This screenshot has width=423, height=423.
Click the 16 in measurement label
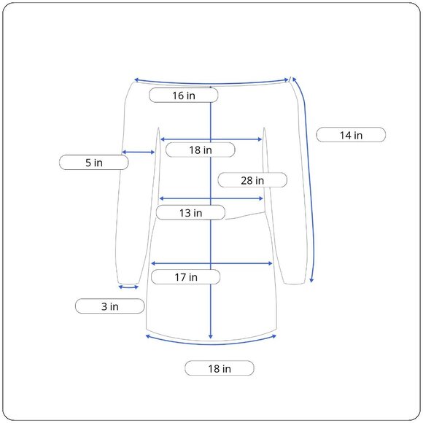click(x=184, y=96)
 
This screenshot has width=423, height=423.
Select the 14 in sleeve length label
click(x=351, y=135)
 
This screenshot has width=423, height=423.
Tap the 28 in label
click(x=252, y=180)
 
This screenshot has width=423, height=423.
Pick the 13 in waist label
click(x=190, y=212)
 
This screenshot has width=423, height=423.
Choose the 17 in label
click(x=185, y=277)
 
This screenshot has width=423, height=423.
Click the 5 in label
click(x=93, y=163)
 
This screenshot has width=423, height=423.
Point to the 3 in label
click(x=110, y=306)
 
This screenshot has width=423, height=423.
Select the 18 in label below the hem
click(x=220, y=368)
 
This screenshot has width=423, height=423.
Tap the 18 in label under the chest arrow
click(x=200, y=150)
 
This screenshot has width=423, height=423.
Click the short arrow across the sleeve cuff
click(x=128, y=287)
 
